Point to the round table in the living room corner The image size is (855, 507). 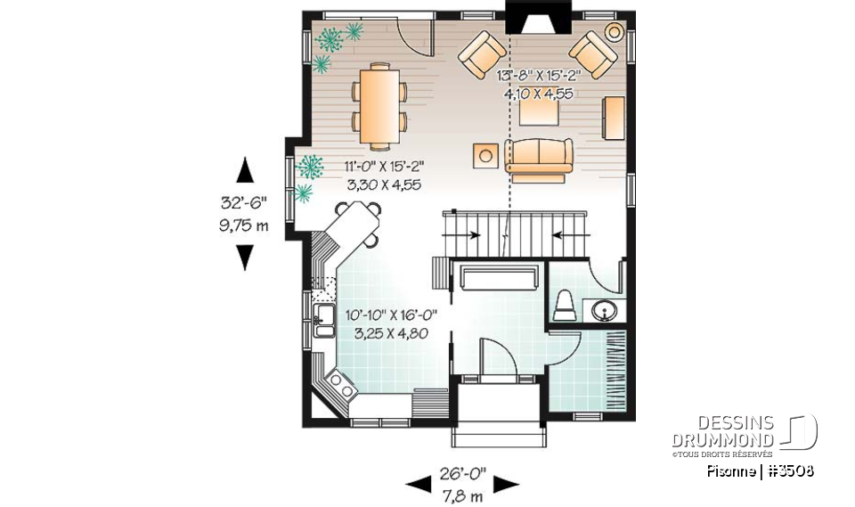coord(615,32)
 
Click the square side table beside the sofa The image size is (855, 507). coord(485,154)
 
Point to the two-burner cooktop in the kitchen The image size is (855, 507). coord(340,384)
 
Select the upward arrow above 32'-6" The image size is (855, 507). coord(244,170)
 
